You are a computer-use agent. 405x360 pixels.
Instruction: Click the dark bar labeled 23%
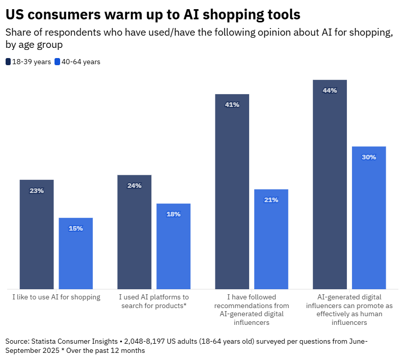[37, 234]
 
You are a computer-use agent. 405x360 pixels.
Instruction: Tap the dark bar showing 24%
[134, 232]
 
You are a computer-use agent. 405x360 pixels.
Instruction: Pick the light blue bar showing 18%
[173, 246]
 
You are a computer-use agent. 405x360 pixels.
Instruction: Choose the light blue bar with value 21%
[271, 239]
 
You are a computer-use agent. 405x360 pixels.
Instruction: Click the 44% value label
[330, 91]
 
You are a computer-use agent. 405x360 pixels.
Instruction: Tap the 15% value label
[76, 229]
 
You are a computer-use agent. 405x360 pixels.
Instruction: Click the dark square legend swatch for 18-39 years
[8, 62]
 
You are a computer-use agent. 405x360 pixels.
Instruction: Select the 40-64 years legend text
[80, 62]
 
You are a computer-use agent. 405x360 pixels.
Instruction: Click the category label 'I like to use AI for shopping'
[56, 297]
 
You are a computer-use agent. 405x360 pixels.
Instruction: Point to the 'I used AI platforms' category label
[154, 301]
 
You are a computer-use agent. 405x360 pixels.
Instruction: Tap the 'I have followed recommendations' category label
[252, 310]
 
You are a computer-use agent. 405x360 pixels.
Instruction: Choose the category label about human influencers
[349, 310]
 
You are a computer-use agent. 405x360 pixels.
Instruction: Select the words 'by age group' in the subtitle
[34, 45]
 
